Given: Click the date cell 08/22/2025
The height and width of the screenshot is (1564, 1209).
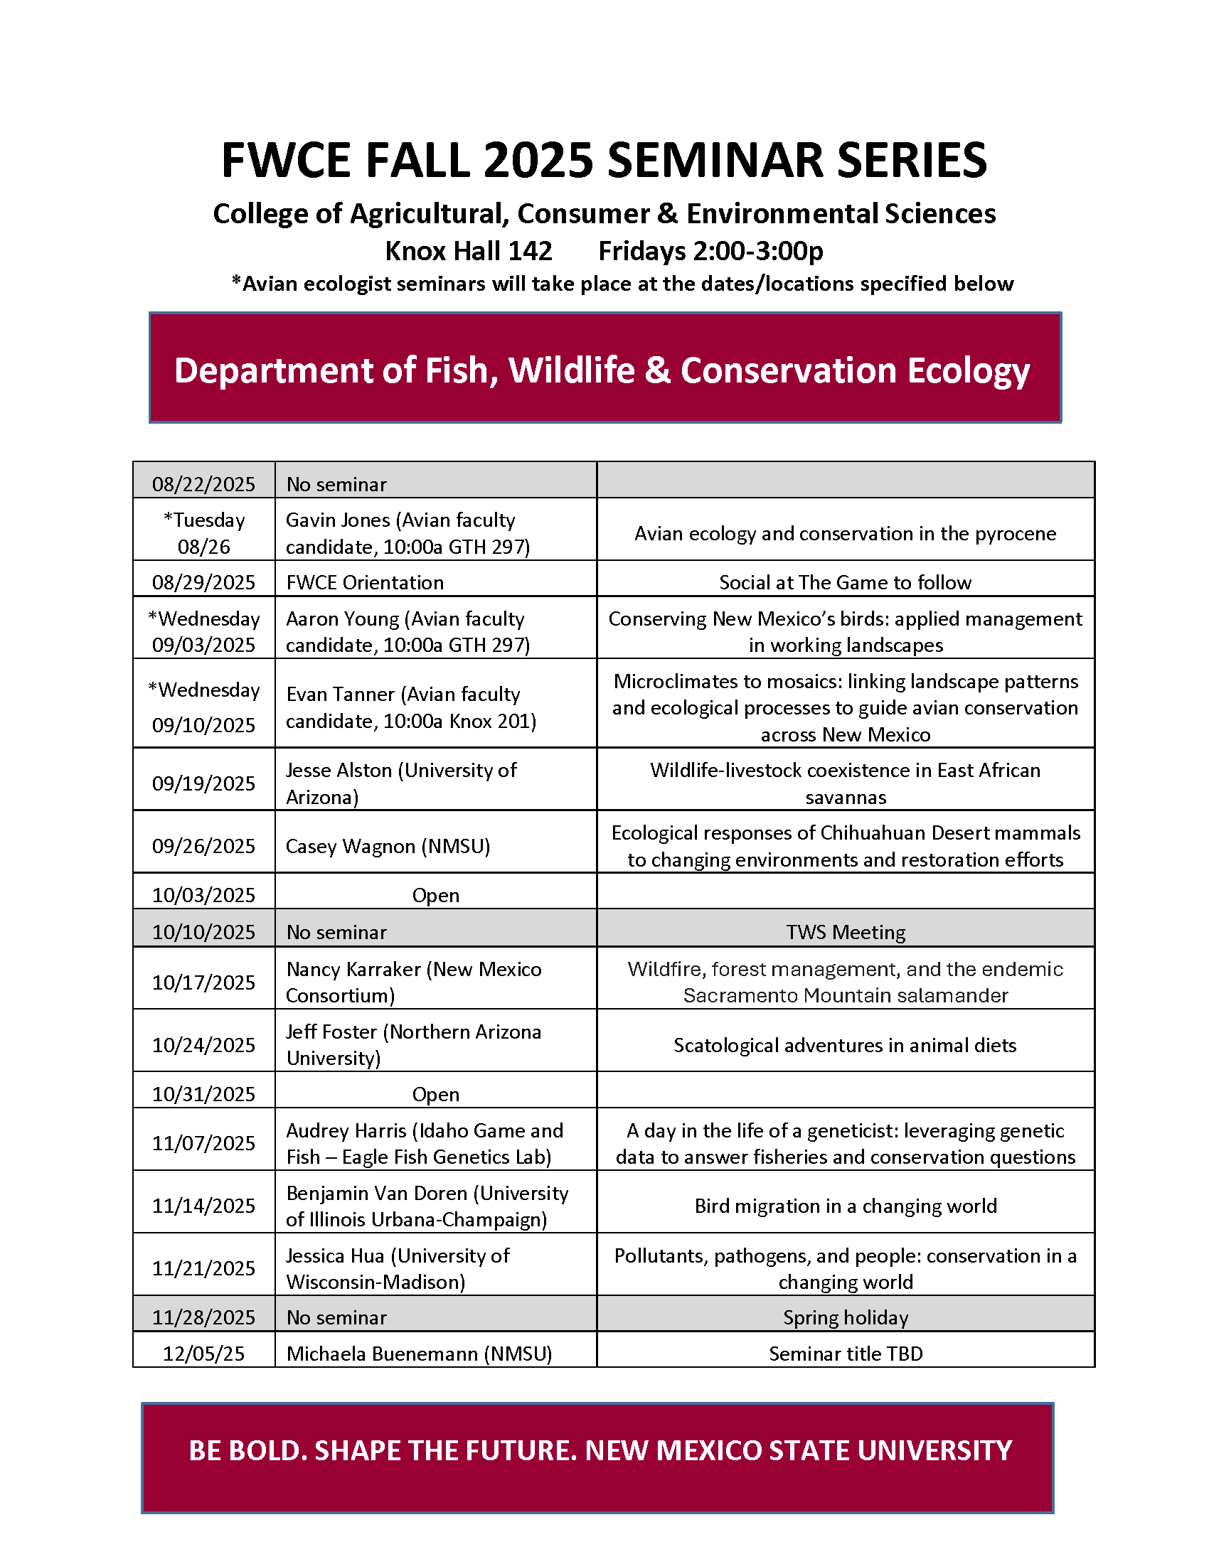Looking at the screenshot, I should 203,484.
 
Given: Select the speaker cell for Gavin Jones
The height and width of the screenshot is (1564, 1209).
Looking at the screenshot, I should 407,533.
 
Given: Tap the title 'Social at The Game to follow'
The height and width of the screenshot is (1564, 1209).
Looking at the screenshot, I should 845,582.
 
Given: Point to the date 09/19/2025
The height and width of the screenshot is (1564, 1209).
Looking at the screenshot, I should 203,783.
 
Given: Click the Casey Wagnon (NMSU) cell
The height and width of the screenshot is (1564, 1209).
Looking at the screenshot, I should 388,847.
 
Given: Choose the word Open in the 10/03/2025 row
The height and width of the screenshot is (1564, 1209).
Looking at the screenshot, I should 435,895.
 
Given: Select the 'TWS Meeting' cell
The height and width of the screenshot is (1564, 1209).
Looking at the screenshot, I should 845,932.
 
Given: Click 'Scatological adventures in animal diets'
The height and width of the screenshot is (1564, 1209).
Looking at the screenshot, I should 845,1046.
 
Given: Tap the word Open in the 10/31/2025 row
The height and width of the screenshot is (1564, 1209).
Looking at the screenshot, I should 435,1094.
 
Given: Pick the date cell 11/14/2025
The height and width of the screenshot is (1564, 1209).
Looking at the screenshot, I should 203,1206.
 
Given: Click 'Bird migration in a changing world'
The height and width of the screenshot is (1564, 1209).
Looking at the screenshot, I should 845,1206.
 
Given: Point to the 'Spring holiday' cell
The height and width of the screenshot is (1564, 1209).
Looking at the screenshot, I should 845,1317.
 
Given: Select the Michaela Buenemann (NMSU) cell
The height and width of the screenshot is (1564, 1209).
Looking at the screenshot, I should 419,1354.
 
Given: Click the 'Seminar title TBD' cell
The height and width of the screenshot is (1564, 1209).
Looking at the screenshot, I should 845,1354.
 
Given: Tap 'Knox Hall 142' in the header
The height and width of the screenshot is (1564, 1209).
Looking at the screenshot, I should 469,252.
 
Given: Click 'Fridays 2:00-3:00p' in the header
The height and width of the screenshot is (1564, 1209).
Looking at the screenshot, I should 710,252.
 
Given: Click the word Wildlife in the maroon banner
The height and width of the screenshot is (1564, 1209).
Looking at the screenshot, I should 572,370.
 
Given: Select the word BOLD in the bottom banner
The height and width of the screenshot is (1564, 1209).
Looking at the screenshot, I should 265,1450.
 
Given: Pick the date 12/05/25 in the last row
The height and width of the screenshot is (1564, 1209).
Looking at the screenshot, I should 203,1354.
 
